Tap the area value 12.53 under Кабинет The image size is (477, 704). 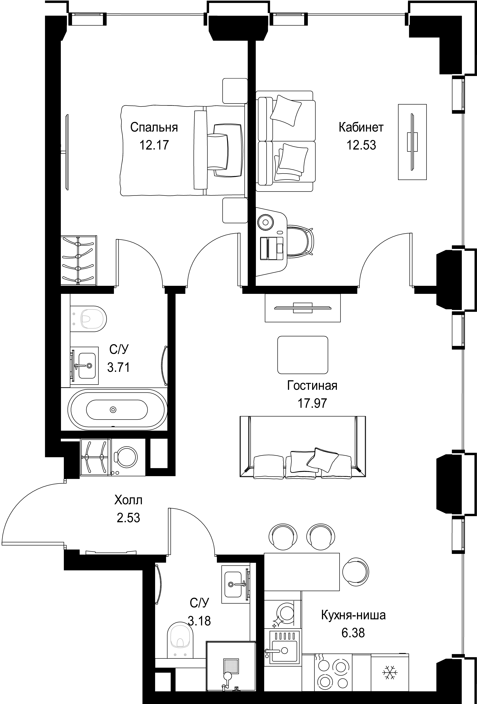click(361, 145)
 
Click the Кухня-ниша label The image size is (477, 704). click(353, 615)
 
